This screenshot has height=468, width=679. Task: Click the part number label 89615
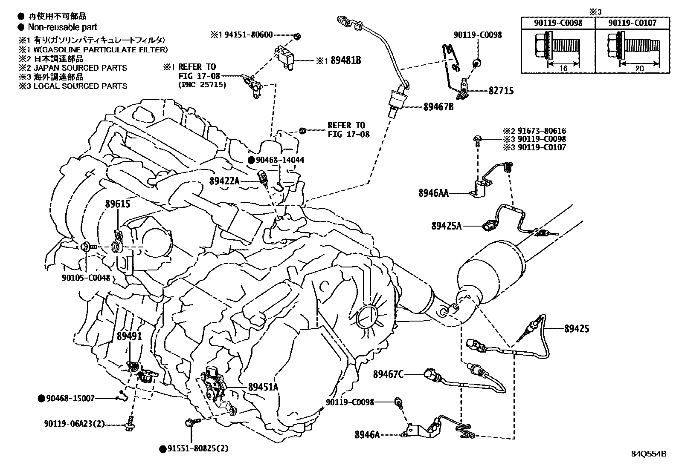[118, 204]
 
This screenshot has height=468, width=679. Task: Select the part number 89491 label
[129, 336]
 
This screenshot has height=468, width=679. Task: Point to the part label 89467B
[438, 107]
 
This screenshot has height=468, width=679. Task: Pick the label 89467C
[388, 374]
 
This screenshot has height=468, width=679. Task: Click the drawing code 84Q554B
[649, 454]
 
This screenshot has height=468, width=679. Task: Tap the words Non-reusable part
[62, 27]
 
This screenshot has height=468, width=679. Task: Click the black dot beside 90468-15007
[41, 399]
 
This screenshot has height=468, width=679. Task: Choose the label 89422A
[224, 181]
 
